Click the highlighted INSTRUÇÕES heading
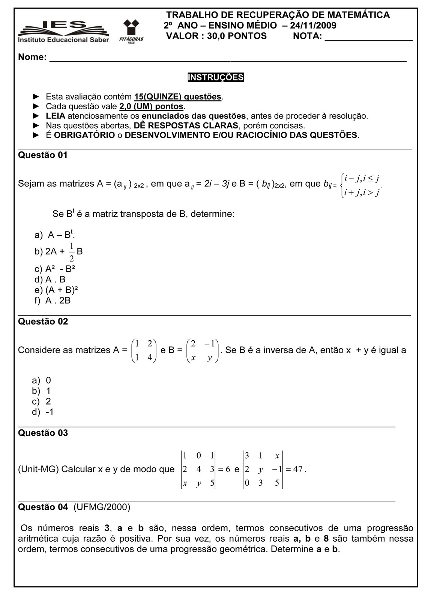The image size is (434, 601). pyautogui.click(x=216, y=77)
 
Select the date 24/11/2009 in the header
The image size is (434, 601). pyautogui.click(x=313, y=26)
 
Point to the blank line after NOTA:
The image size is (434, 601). pyautogui.click(x=368, y=37)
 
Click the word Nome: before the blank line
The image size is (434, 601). pyautogui.click(x=32, y=57)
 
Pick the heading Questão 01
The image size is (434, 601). pyautogui.click(x=43, y=155)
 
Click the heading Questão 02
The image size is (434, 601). pyautogui.click(x=43, y=322)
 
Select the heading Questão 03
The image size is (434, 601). pyautogui.click(x=43, y=433)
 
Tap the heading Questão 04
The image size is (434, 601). pyautogui.click(x=43, y=507)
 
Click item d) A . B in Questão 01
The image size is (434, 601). pyautogui.click(x=50, y=279)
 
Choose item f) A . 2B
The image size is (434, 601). pyautogui.click(x=53, y=300)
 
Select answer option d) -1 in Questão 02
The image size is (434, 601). pyautogui.click(x=43, y=412)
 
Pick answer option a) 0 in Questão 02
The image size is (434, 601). pyautogui.click(x=41, y=381)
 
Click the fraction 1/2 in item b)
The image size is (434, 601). pyautogui.click(x=71, y=252)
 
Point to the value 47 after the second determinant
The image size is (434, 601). pyautogui.click(x=298, y=469)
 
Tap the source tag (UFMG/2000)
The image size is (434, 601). pyautogui.click(x=102, y=507)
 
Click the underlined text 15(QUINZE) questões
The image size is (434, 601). pyautogui.click(x=178, y=97)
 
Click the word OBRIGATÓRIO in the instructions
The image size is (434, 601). pyautogui.click(x=84, y=135)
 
